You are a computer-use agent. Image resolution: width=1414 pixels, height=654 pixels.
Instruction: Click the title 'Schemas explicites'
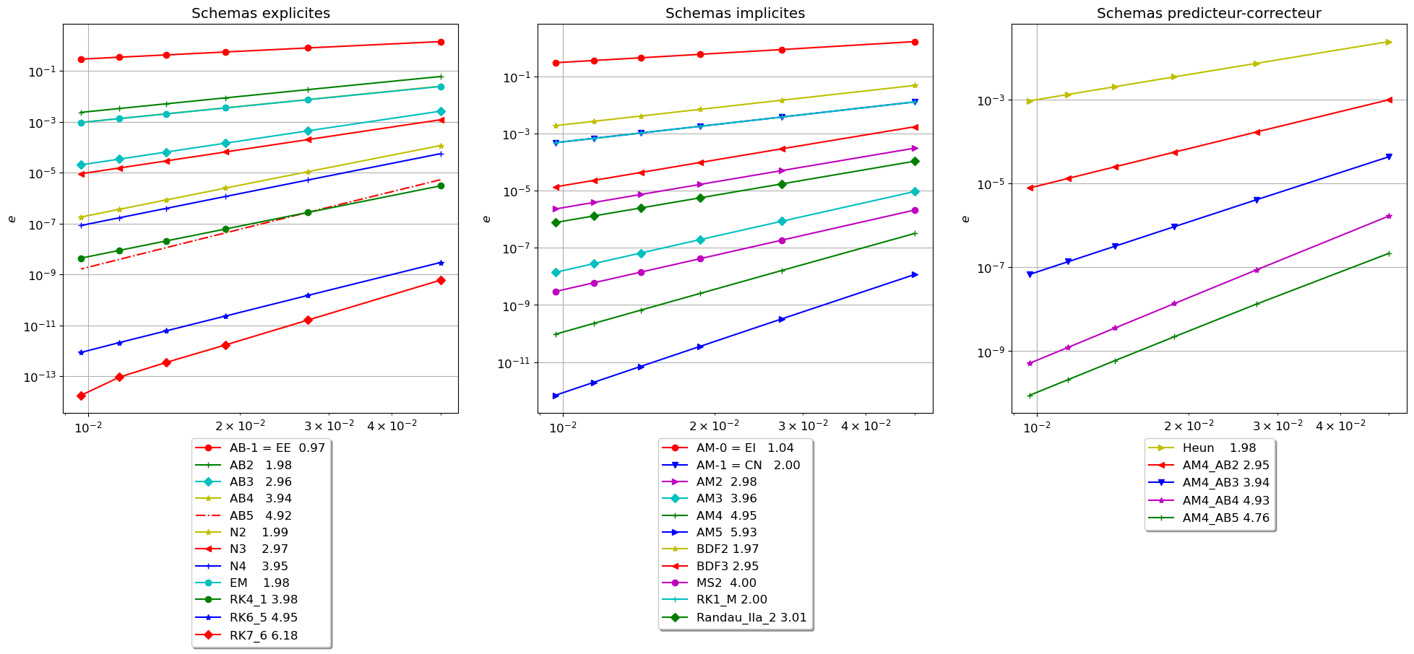tap(261, 14)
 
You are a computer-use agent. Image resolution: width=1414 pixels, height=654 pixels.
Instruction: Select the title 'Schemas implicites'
tap(735, 14)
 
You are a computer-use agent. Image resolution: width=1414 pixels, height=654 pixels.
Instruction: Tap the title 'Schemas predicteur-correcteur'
tap(1209, 14)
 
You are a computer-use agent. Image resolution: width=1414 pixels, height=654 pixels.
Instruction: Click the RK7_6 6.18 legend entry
tap(263, 636)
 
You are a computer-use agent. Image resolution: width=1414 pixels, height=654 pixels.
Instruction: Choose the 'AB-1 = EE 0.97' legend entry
tap(277, 448)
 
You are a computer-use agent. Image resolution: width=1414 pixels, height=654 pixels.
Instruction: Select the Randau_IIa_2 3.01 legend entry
tap(751, 618)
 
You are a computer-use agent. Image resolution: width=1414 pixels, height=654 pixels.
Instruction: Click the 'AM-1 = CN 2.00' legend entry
tap(748, 466)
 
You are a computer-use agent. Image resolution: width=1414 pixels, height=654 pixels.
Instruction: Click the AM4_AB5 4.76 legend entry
tap(1225, 518)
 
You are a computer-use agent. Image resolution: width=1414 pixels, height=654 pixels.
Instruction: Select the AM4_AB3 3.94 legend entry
tap(1225, 483)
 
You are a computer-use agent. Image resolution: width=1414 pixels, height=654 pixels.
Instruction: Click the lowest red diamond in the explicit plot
tap(82, 396)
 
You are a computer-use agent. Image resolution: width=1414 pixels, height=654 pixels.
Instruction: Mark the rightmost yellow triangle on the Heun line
tap(1389, 42)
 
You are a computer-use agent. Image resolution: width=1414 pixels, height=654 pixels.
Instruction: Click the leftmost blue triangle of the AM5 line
tap(556, 396)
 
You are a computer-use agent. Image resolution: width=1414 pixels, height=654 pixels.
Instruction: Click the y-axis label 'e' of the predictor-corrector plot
tap(966, 219)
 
